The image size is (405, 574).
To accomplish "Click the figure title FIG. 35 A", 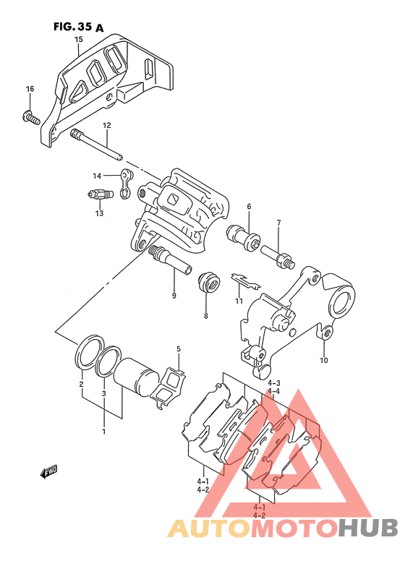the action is tap(79, 27).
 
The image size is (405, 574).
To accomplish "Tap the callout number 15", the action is tap(79, 39).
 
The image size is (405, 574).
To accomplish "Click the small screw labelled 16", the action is tap(30, 118).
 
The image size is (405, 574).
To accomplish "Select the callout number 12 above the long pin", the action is tap(106, 126).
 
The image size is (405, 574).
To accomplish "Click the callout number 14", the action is tap(97, 176).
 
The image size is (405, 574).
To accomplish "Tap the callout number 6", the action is tap(249, 207).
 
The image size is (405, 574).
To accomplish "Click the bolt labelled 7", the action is tap(278, 257).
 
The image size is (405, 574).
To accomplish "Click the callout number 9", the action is tap(174, 296).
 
